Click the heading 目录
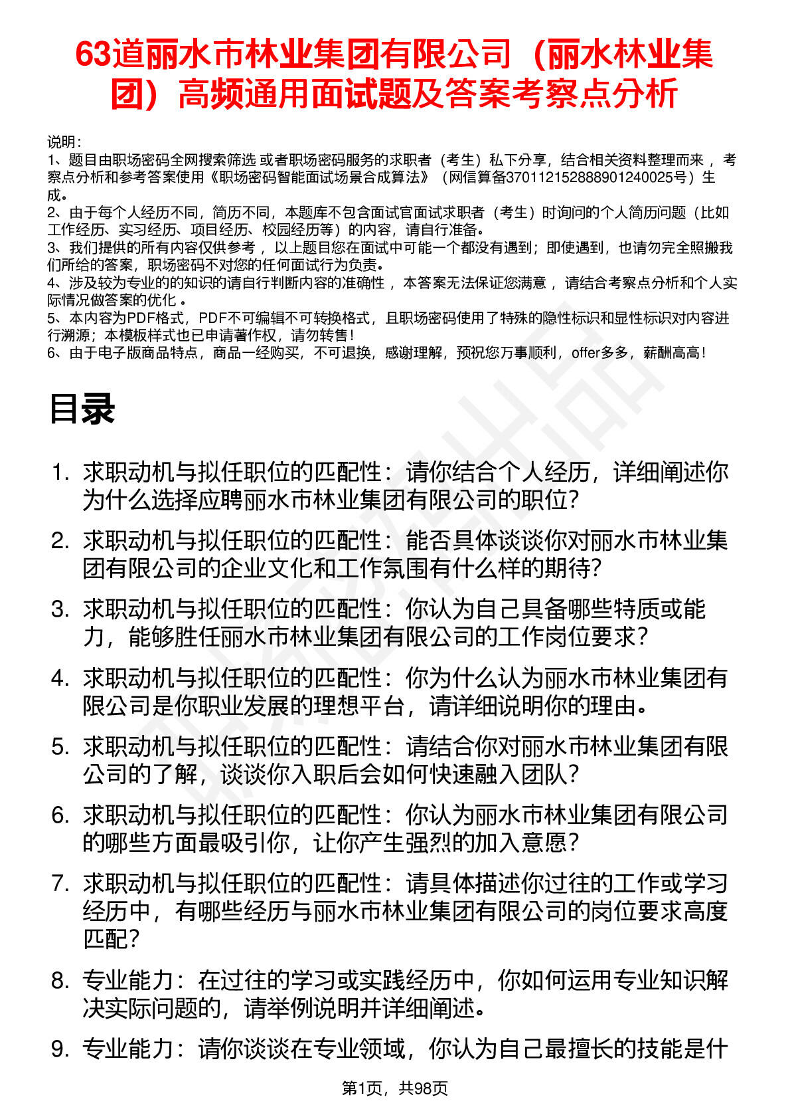pyautogui.click(x=82, y=409)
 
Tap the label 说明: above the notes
pyautogui.click(x=64, y=143)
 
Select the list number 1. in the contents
pyautogui.click(x=61, y=473)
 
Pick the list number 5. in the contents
pyautogui.click(x=61, y=748)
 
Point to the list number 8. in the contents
pyautogui.click(x=61, y=981)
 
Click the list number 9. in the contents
pyautogui.click(x=61, y=1049)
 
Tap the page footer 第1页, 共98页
pyautogui.click(x=394, y=1088)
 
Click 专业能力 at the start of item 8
pyautogui.click(x=128, y=981)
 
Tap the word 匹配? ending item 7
pyautogui.click(x=112, y=940)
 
